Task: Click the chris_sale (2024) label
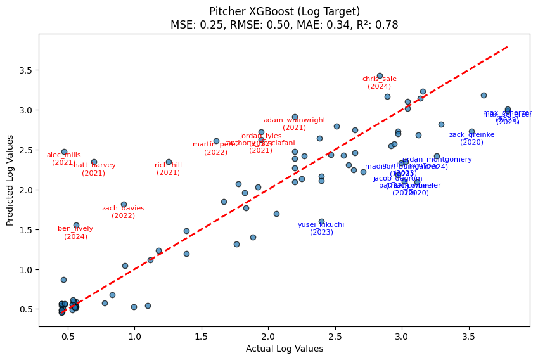coord(380,82)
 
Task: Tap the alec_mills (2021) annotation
coord(64,158)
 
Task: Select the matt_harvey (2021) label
coord(94,169)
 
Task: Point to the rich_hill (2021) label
coord(169,169)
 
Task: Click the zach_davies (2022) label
coord(124,212)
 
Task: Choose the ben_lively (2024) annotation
coord(75,232)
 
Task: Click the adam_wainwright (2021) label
coord(295,124)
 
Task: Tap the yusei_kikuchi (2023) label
coord(321,228)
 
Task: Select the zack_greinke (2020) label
coord(471,138)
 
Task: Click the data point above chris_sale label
coord(380,75)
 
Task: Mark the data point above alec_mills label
coord(64,151)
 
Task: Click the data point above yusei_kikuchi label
coord(321,221)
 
